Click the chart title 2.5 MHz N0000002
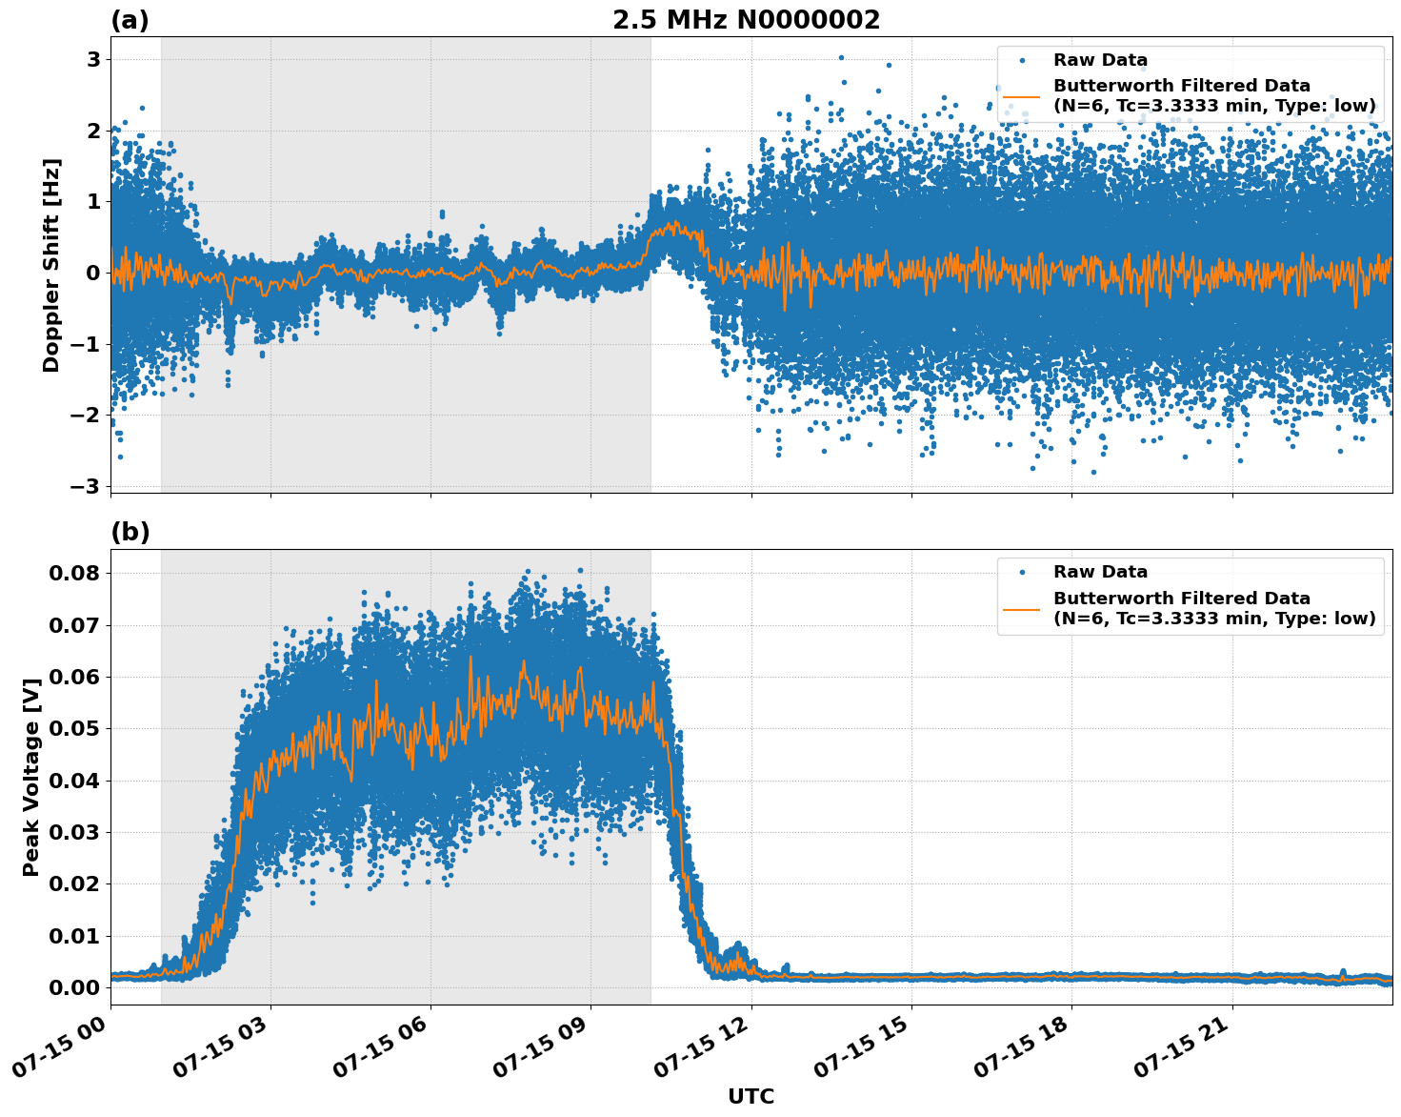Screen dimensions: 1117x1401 746,20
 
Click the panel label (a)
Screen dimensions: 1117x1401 130,20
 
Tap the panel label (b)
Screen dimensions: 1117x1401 130,532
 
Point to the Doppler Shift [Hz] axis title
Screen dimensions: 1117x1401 51,265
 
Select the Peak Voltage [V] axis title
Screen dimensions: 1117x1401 31,777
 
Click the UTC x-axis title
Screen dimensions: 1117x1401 751,1096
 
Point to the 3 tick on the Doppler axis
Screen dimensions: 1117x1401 93,59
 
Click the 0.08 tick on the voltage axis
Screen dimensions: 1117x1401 74,573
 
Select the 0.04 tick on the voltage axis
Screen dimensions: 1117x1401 74,781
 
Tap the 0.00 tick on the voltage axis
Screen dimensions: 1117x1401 74,987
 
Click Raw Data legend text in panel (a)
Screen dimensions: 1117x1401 1100,60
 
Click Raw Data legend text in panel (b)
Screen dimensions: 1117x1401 1100,572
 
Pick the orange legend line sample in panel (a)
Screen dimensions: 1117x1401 1022,95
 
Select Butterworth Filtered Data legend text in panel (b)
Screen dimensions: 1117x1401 1181,599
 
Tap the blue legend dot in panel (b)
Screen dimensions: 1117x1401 1022,572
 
